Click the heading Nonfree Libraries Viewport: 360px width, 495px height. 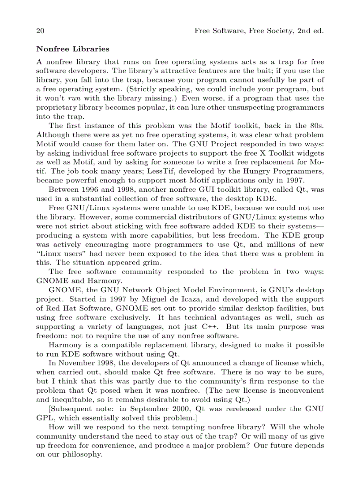tap(72, 49)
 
